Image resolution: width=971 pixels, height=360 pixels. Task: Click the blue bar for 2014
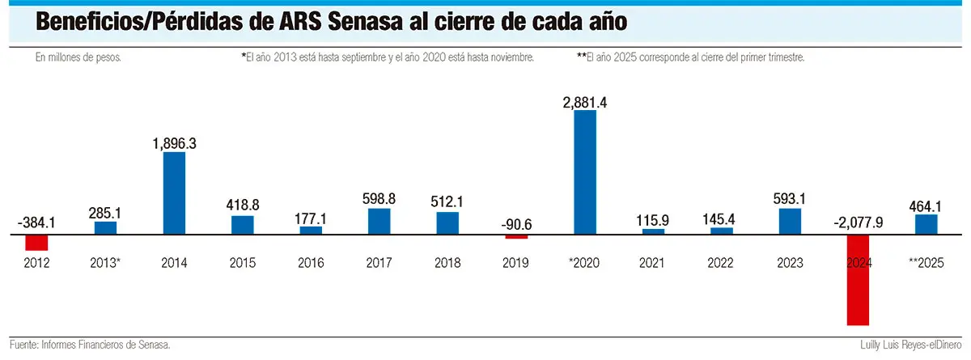coord(174,193)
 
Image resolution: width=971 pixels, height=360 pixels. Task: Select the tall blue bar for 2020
coord(585,172)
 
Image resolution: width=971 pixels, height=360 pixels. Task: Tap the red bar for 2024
coord(859,280)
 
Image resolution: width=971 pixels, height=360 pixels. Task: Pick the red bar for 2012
coord(37,242)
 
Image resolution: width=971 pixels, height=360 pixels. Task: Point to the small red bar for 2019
coord(516,237)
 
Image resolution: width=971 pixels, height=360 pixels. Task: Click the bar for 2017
coord(379,221)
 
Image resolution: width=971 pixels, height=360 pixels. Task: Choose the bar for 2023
coord(790,221)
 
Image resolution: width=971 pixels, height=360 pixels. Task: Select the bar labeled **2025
coord(926,224)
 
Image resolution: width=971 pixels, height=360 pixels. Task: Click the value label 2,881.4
coord(585,103)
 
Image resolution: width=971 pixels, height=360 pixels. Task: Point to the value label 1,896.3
coord(174,143)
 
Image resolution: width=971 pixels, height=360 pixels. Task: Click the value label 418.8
coord(243,206)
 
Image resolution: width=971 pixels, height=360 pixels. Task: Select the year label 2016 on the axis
coord(311,263)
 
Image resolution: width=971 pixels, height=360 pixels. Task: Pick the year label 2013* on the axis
coord(106,263)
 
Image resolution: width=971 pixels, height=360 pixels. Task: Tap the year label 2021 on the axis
coord(653,263)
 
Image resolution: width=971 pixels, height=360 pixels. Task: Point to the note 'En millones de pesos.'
coord(78,58)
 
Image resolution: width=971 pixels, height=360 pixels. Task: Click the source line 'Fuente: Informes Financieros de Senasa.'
coord(90,345)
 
